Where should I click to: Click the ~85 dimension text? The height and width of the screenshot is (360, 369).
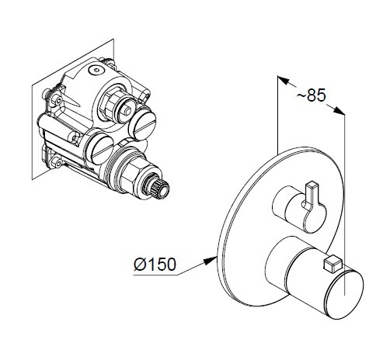point(312,95)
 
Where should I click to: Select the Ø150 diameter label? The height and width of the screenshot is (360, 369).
point(155,264)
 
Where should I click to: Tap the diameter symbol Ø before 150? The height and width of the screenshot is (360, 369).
point(140,264)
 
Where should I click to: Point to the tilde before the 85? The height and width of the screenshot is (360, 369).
point(301,95)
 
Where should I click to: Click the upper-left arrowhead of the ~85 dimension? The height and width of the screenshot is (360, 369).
point(283,80)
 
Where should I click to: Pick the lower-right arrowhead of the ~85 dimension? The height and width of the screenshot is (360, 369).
point(339,110)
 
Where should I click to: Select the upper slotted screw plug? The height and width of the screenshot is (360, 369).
point(142,123)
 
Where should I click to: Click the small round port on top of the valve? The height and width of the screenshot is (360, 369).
point(96,70)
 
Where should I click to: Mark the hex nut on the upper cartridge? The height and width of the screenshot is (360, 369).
point(112,102)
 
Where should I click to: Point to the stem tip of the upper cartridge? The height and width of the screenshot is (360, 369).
point(127,111)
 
